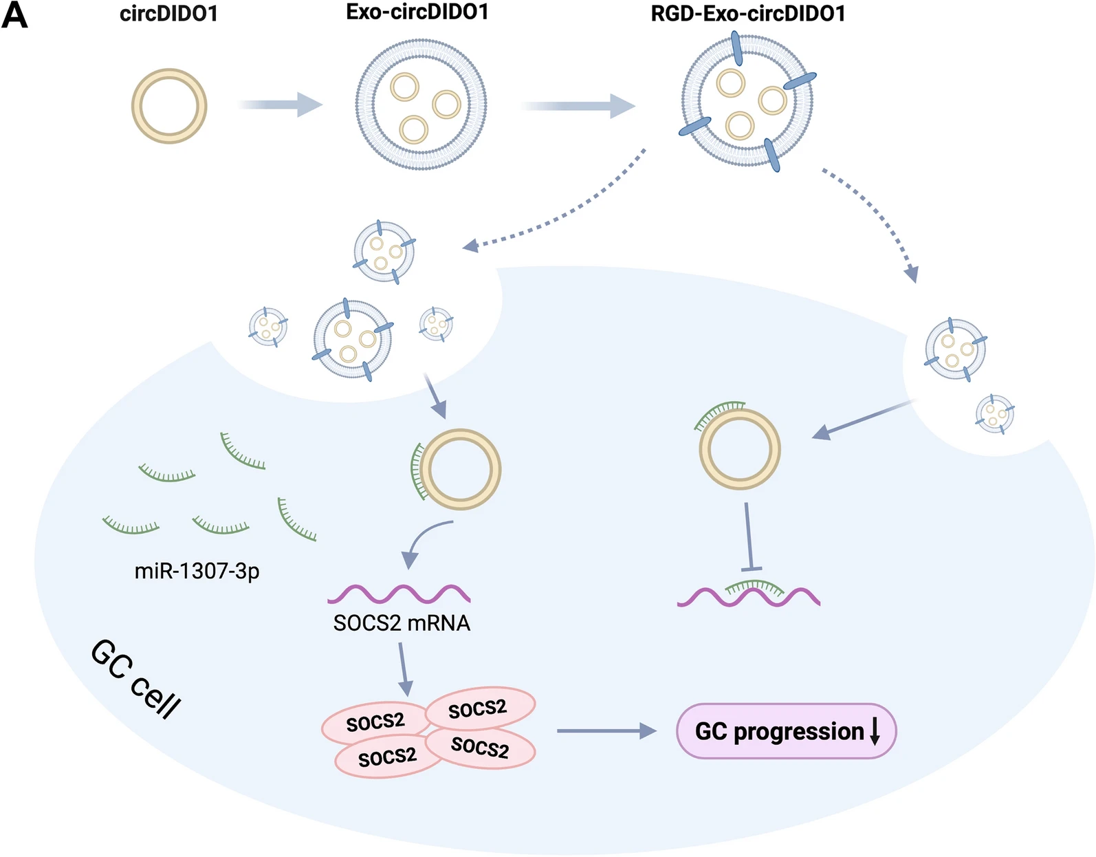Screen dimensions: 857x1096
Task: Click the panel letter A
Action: coord(14,15)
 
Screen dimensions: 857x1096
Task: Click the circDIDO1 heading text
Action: coord(168,14)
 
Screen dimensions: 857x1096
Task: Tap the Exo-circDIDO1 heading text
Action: coord(417,12)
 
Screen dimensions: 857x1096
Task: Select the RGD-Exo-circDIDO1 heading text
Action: coord(747,14)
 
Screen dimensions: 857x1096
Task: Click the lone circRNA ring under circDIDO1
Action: coord(169,106)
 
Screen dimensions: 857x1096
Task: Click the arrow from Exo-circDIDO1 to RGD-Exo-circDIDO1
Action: coord(578,106)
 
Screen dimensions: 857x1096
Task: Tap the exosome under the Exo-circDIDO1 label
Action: coord(421,105)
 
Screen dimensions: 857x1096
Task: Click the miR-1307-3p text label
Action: coord(197,571)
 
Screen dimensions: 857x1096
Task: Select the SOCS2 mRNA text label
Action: coord(402,623)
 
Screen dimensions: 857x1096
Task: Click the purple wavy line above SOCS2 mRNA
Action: coord(399,593)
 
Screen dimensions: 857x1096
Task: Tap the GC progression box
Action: coord(786,730)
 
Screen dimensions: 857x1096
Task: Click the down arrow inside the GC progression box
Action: coord(875,731)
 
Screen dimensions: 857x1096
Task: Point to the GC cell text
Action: coord(136,680)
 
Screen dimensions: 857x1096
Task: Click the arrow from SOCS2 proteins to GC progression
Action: coord(606,730)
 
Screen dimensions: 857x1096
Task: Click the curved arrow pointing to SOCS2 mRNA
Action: coord(423,540)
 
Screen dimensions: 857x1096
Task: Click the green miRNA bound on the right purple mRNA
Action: coord(754,586)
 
